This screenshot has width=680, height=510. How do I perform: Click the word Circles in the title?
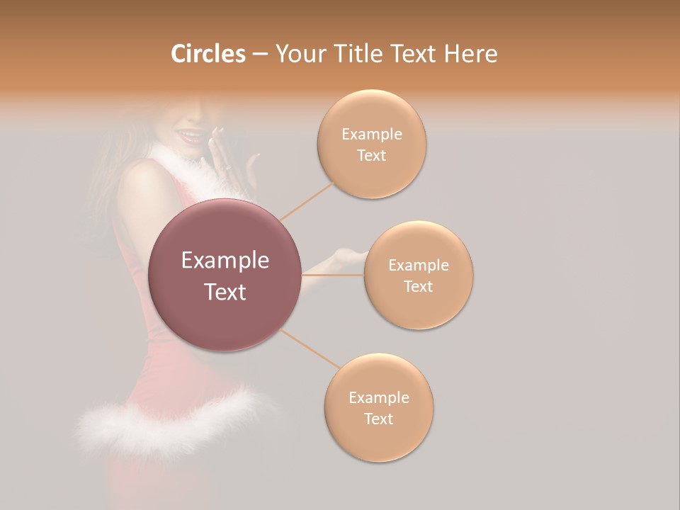point(208,54)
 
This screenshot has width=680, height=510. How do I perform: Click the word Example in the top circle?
point(372,135)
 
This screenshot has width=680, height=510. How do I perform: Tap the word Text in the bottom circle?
point(378,419)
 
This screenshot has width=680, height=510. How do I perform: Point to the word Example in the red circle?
point(225,261)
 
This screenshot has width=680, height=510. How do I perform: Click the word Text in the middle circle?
point(419,286)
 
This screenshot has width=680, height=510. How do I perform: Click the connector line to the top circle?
point(306,201)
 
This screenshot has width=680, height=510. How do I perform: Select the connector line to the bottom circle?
point(309,348)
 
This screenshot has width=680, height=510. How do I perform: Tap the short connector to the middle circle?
point(332,274)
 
